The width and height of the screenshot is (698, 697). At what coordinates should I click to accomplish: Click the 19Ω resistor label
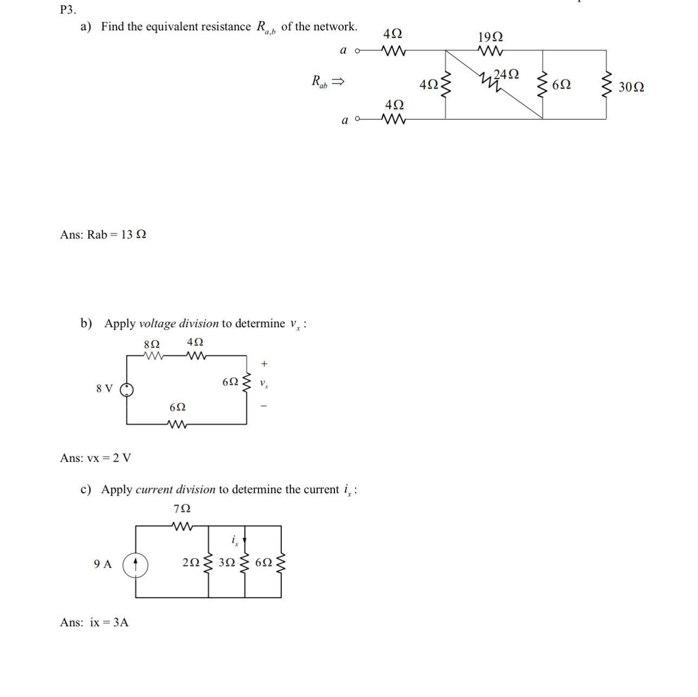pos(490,37)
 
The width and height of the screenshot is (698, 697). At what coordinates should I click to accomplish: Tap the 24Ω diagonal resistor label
pos(506,74)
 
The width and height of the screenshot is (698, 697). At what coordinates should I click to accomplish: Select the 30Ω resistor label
pos(631,87)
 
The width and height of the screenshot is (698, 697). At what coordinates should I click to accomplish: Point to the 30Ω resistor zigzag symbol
pos(607,85)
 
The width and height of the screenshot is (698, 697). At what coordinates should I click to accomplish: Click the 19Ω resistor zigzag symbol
pos(491,51)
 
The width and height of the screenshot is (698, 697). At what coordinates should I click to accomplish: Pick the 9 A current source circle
pos(135,565)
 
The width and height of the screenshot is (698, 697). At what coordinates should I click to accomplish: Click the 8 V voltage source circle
pos(127,389)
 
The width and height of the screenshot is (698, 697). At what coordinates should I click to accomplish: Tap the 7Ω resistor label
pos(182,509)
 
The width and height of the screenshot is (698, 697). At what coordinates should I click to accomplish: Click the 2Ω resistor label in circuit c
pos(191,562)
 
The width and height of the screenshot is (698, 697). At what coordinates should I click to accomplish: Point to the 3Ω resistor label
pos(227,562)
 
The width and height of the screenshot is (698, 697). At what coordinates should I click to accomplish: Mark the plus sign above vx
pos(264,364)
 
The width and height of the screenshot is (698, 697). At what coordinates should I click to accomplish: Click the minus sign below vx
pos(264,406)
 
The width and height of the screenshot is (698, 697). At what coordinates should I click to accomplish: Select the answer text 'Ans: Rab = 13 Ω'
pos(103,235)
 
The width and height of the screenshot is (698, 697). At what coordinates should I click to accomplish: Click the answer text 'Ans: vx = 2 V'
pos(95,458)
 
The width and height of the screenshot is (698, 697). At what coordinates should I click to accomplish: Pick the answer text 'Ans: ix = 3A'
pos(94,622)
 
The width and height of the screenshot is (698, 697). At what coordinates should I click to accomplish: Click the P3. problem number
pos(68,9)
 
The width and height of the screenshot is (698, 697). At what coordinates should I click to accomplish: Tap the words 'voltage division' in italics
pos(179,323)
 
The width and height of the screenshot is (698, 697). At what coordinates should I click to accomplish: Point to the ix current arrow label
pos(235,540)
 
